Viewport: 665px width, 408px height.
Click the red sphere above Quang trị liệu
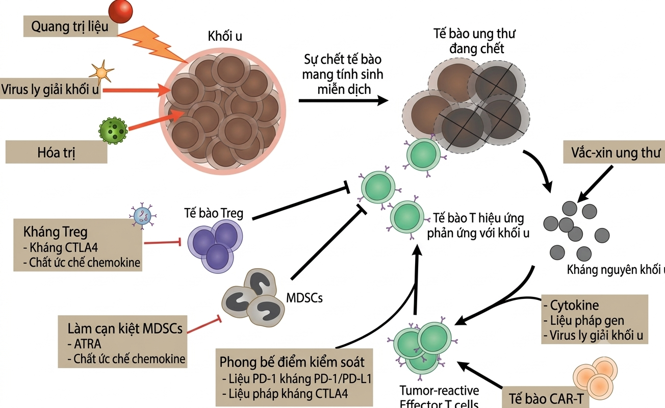click(x=120, y=11)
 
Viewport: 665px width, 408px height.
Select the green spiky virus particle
click(x=113, y=131)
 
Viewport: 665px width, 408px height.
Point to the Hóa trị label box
click(x=57, y=152)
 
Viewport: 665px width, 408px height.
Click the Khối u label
click(x=225, y=36)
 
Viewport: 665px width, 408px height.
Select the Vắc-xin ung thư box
click(x=614, y=152)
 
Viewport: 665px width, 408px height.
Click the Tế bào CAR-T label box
click(x=546, y=398)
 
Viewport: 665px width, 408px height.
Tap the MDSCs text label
click(x=304, y=298)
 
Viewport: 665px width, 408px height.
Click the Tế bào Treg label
click(x=214, y=213)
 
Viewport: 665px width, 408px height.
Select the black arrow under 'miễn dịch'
click(x=344, y=100)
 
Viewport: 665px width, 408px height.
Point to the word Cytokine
click(x=574, y=305)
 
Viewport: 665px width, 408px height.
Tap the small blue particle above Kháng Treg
click(x=143, y=216)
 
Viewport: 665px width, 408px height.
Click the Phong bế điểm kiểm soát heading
click(x=292, y=362)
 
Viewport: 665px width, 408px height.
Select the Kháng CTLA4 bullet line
click(x=61, y=247)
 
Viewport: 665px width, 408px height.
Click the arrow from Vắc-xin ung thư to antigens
click(x=595, y=184)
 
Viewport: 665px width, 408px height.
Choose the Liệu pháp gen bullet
click(x=583, y=321)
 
